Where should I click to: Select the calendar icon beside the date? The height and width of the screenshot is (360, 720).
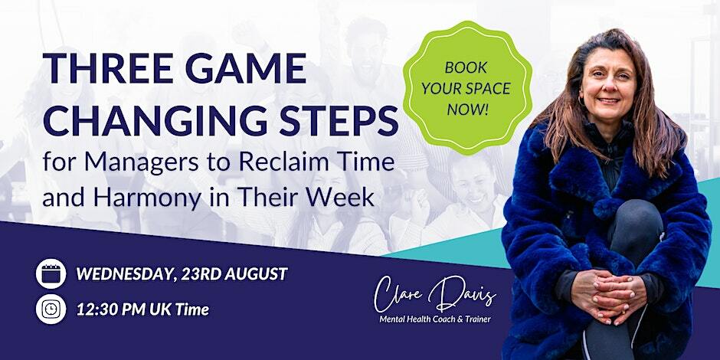[x=51, y=272]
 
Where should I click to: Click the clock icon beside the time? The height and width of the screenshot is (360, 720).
[x=51, y=309]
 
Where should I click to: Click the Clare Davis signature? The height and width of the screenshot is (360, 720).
[x=434, y=293]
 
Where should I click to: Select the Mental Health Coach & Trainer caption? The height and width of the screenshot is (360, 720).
[x=434, y=319]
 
